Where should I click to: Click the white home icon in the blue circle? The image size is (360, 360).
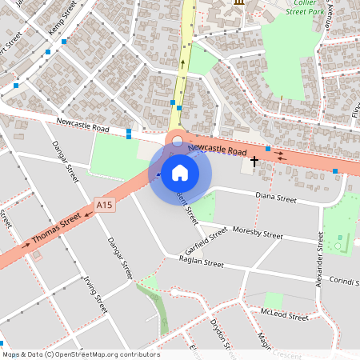pyautogui.click(x=180, y=172)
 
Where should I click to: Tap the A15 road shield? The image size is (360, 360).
pyautogui.click(x=105, y=206)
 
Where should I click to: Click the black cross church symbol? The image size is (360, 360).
pyautogui.click(x=254, y=162)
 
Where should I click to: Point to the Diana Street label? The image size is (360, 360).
pyautogui.click(x=275, y=198)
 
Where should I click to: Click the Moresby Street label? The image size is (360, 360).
pyautogui.click(x=257, y=233)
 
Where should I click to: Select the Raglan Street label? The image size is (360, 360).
pyautogui.click(x=201, y=261)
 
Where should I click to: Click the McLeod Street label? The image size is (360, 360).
pyautogui.click(x=284, y=314)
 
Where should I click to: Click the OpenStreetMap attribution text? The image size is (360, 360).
pyautogui.click(x=81, y=354)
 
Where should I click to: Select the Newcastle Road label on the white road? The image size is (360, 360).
pyautogui.click(x=82, y=125)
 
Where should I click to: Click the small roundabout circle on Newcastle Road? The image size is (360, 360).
pyautogui.click(x=177, y=140)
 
